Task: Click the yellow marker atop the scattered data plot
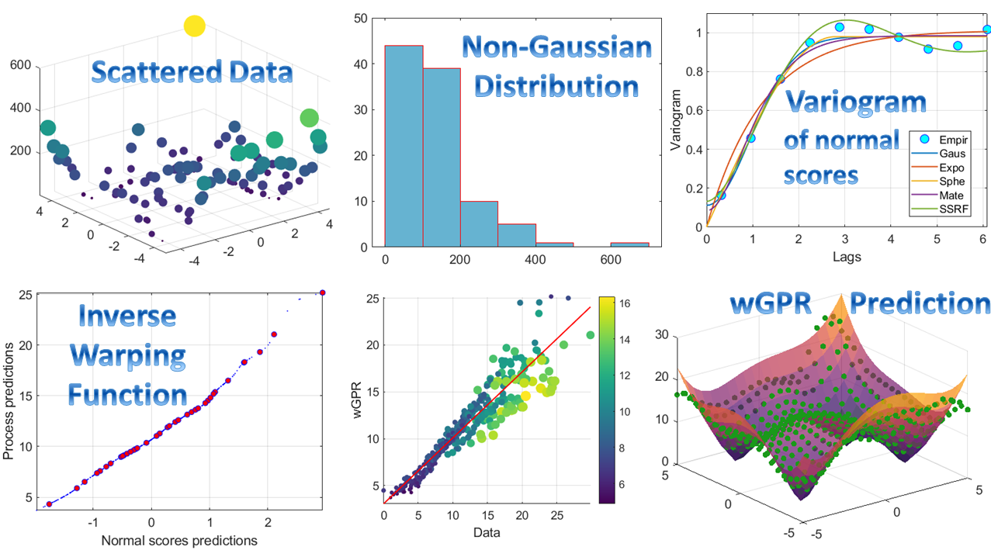point(194,26)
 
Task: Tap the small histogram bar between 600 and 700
point(629,244)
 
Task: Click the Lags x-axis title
point(846,255)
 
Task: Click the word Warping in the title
point(128,355)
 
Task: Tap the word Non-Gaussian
point(557,49)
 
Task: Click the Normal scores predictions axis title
point(179,540)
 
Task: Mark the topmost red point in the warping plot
point(323,292)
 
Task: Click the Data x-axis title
point(487,533)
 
